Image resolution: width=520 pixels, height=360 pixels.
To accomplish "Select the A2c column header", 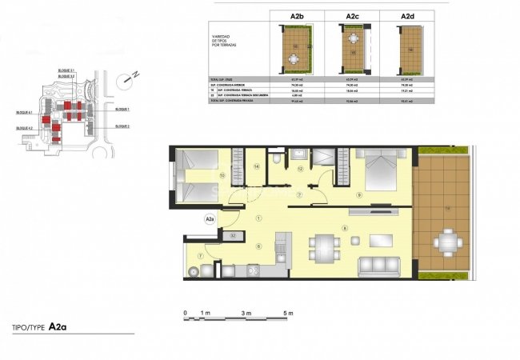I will (352, 15).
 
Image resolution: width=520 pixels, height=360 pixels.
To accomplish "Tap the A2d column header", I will (409, 15).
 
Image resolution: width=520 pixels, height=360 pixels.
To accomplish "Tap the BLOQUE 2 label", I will (122, 126).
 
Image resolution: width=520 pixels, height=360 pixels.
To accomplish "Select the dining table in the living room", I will (323, 246).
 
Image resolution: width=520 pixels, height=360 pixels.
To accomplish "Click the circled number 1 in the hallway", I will (258, 218).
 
